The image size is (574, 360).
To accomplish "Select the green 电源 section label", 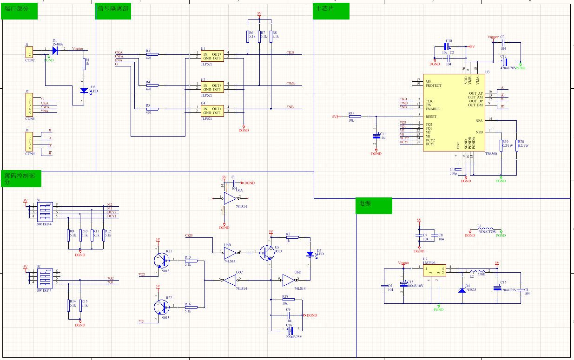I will [x=374, y=206].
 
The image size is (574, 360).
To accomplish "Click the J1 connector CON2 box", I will [x=29, y=52].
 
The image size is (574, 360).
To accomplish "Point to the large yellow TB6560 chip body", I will [x=453, y=112].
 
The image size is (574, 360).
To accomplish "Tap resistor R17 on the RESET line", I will [x=351, y=117].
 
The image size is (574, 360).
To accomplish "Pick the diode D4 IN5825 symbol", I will [x=461, y=290].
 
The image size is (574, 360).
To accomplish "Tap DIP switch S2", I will [x=45, y=277].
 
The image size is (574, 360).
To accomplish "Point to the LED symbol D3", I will [x=310, y=254].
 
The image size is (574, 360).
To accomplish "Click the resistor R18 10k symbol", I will [x=285, y=300].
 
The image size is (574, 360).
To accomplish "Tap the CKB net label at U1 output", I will [x=290, y=52].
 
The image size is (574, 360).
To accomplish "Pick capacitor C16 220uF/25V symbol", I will [x=290, y=331].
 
